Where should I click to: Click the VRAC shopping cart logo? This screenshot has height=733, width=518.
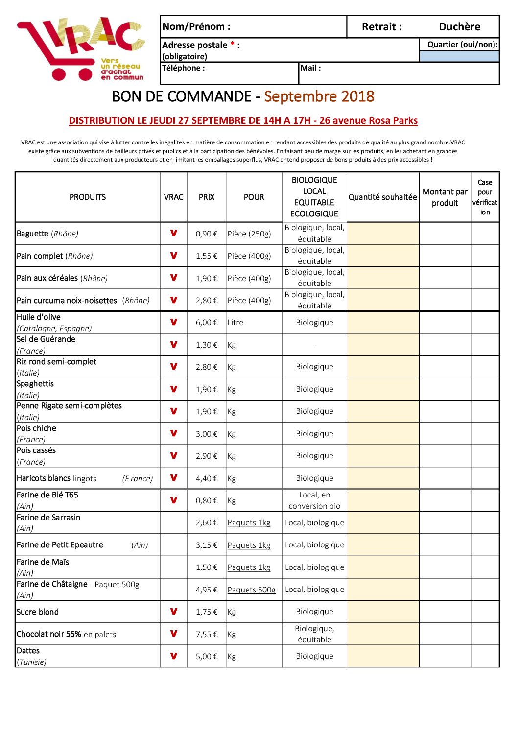[x=81, y=49]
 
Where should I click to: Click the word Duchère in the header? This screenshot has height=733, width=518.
[x=459, y=27]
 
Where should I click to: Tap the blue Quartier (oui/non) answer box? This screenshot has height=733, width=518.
[x=459, y=56]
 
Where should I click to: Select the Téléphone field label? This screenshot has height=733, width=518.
[x=184, y=68]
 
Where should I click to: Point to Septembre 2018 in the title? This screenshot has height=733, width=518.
[x=319, y=96]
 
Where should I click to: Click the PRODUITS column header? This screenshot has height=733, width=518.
[x=88, y=197]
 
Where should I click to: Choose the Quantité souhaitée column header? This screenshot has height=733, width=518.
[x=382, y=197]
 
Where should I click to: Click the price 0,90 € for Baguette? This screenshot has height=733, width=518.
[x=207, y=234]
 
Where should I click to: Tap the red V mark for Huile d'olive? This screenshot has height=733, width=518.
[x=174, y=322]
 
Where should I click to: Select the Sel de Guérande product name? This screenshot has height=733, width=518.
[x=46, y=339]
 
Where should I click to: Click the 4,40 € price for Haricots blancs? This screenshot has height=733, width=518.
[x=207, y=478]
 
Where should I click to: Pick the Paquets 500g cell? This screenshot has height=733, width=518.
[x=252, y=590]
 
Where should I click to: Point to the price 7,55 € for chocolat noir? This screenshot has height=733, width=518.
[x=207, y=634]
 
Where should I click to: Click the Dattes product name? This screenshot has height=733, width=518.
[x=28, y=651]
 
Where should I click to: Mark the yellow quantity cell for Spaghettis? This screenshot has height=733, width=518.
[x=383, y=389]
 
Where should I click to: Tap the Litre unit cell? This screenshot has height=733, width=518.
[x=235, y=323]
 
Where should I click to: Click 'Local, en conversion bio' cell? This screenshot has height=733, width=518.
[x=314, y=500]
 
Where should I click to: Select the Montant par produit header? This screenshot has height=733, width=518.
[x=445, y=197]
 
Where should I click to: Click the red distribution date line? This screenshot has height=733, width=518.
[x=243, y=121]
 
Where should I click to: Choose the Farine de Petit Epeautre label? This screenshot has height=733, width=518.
[x=60, y=545]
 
